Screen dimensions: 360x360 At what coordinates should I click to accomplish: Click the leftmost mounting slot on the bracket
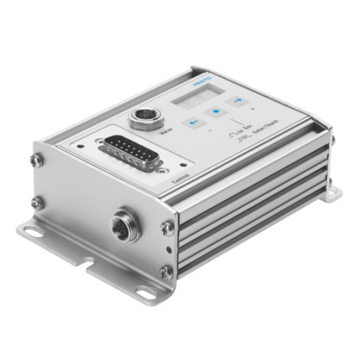click(30, 233)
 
